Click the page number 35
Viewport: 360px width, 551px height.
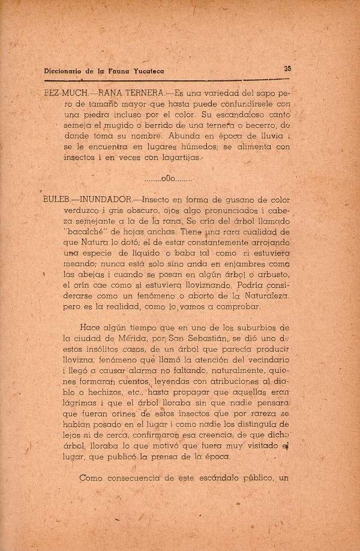pyautogui.click(x=287, y=68)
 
